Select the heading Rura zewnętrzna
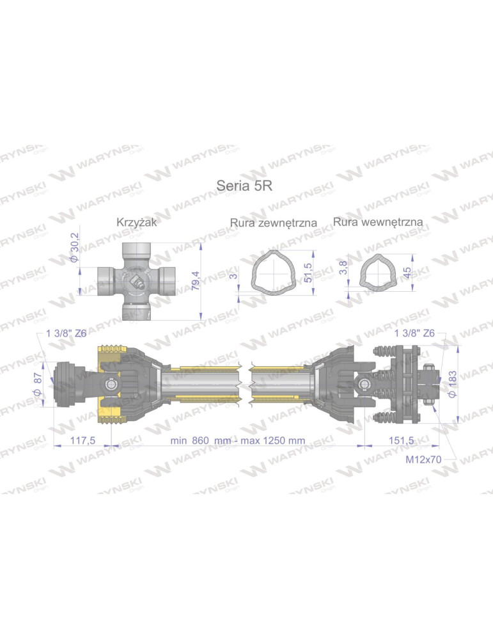click(x=274, y=223)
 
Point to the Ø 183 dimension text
click(x=453, y=383)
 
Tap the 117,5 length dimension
click(x=82, y=441)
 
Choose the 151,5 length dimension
click(x=401, y=441)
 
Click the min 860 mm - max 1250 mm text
click(x=237, y=441)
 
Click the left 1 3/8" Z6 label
click(x=67, y=333)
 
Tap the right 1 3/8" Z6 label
click(x=415, y=333)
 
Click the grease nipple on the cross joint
click(x=136, y=280)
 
